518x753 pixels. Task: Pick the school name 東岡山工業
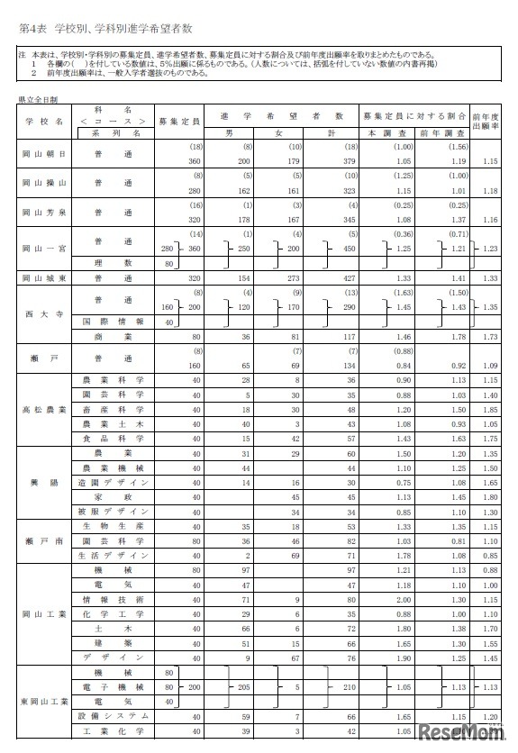pos(43,701)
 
